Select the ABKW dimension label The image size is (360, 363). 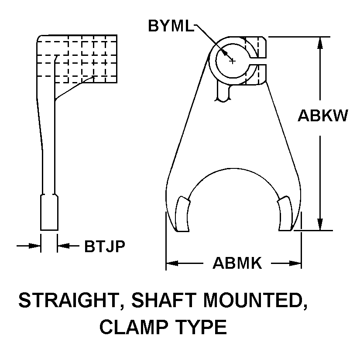[x=323, y=116]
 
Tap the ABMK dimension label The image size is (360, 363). [x=237, y=263]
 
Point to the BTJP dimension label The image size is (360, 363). [x=105, y=246]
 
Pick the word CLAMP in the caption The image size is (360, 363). [x=134, y=327]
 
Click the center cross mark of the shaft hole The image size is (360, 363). [x=233, y=61]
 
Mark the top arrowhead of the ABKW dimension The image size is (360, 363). [x=320, y=43]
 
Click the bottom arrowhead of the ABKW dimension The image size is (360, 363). [x=320, y=225]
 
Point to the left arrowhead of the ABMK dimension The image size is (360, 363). [x=172, y=263]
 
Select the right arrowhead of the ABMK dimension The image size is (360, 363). [x=295, y=263]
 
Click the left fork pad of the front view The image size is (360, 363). [x=183, y=214]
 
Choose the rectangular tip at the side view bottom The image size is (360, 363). [x=49, y=212]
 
